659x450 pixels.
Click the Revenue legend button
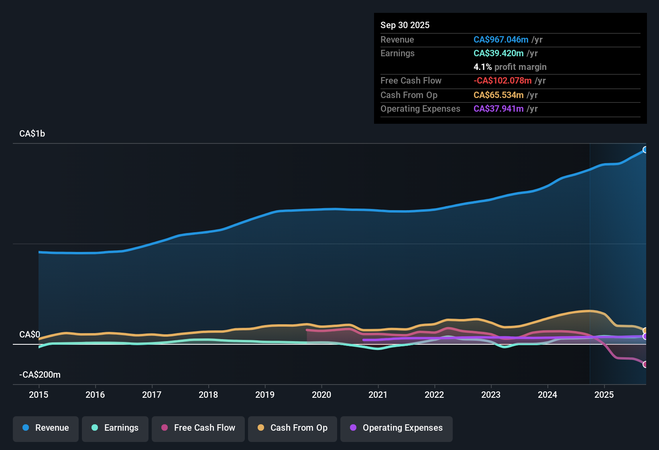(x=46, y=428)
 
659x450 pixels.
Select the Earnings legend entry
(x=115, y=428)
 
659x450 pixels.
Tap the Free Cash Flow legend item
(x=198, y=428)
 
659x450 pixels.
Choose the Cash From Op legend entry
(x=293, y=428)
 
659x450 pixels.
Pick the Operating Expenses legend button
(x=397, y=428)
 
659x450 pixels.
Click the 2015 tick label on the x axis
(x=39, y=395)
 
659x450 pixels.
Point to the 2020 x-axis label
(x=321, y=395)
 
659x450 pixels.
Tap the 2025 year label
(x=604, y=395)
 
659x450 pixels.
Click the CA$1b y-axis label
(x=32, y=134)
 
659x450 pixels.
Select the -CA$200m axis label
(x=40, y=375)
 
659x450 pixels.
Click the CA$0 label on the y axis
(x=30, y=335)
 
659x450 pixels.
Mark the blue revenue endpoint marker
(x=645, y=150)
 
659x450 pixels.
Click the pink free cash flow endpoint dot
(x=645, y=364)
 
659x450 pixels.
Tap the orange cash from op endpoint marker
(x=645, y=331)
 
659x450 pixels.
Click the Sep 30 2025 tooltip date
(x=405, y=25)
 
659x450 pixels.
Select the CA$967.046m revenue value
(x=501, y=39)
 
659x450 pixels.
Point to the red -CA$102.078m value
(x=502, y=80)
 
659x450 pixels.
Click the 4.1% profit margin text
(x=510, y=67)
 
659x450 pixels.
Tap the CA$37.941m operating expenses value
(x=498, y=108)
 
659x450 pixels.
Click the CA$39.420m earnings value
(x=498, y=53)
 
